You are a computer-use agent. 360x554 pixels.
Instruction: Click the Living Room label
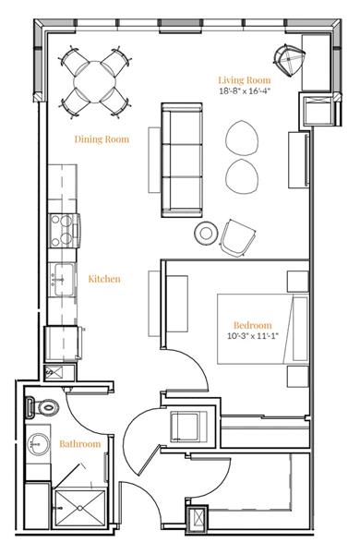point(243,79)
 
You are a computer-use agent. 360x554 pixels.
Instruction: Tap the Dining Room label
point(101,139)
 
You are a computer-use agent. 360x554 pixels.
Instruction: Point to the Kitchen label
point(104,278)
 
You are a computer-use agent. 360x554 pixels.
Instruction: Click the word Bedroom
point(252,326)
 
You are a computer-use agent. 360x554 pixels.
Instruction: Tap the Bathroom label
point(79,444)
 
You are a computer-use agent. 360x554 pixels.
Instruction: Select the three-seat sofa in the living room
point(182,159)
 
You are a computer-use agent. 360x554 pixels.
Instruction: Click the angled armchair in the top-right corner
point(291,61)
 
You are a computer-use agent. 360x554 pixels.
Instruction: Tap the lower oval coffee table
point(243,175)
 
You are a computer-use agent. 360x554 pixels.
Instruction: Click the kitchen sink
point(64,276)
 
